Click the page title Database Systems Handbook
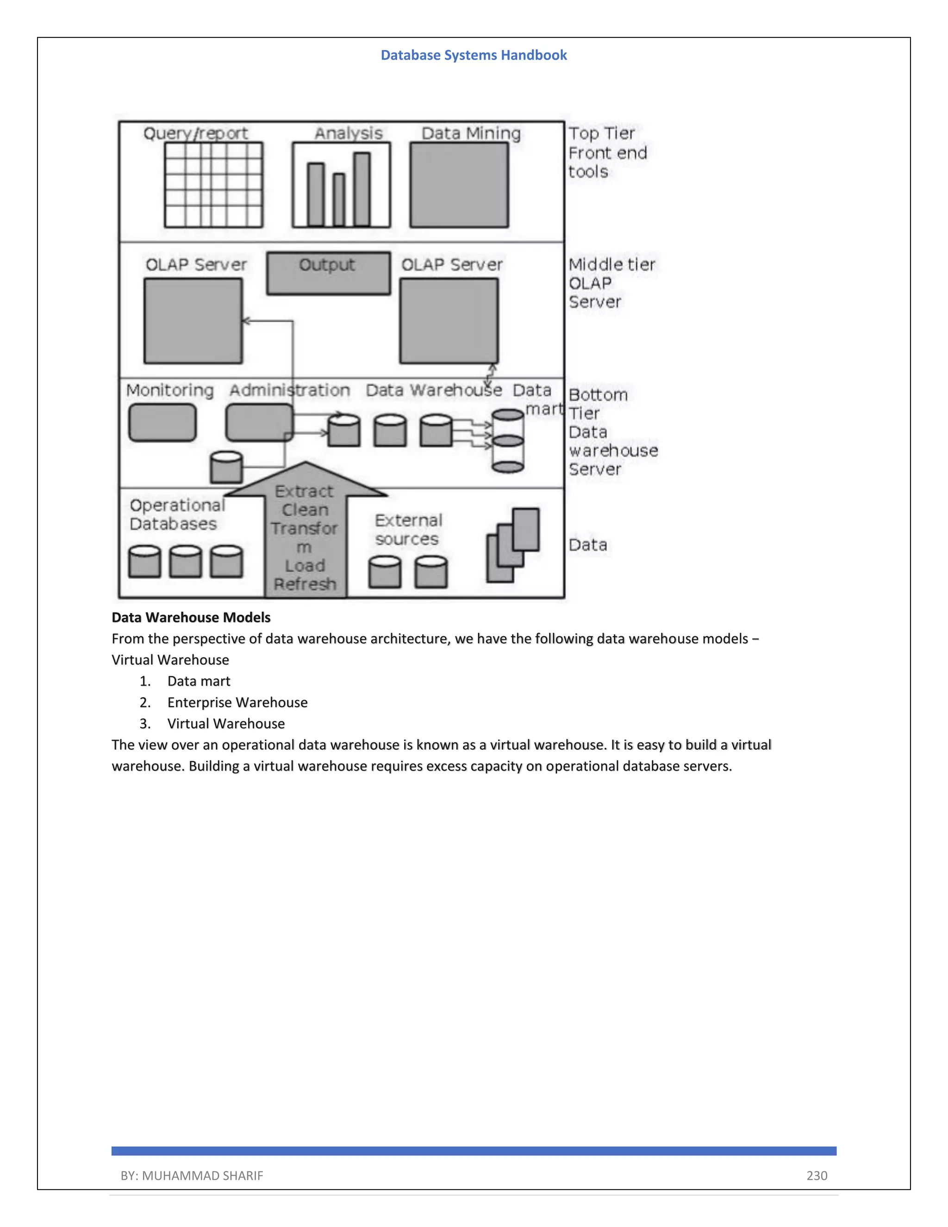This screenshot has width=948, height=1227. (x=474, y=55)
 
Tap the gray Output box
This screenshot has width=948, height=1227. (x=328, y=273)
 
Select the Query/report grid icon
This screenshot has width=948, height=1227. (x=213, y=185)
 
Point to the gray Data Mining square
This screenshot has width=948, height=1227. (x=459, y=185)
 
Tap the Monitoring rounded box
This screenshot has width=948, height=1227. (x=162, y=422)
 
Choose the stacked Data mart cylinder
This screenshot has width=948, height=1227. (x=508, y=441)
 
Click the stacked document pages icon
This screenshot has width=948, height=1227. (x=512, y=545)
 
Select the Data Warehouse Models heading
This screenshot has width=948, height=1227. (x=191, y=617)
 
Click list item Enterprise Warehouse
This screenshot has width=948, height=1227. (x=237, y=702)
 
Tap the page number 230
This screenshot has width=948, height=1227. (x=817, y=1175)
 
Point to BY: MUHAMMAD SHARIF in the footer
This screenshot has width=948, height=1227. (x=192, y=1175)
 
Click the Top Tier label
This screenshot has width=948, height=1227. (x=601, y=134)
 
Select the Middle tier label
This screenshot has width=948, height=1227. (x=611, y=264)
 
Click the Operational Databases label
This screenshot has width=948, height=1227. (x=176, y=514)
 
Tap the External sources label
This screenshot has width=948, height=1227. (x=408, y=529)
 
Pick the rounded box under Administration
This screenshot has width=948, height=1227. (x=259, y=422)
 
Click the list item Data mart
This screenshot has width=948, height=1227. (x=199, y=681)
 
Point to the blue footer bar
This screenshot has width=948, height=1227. (x=474, y=1151)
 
